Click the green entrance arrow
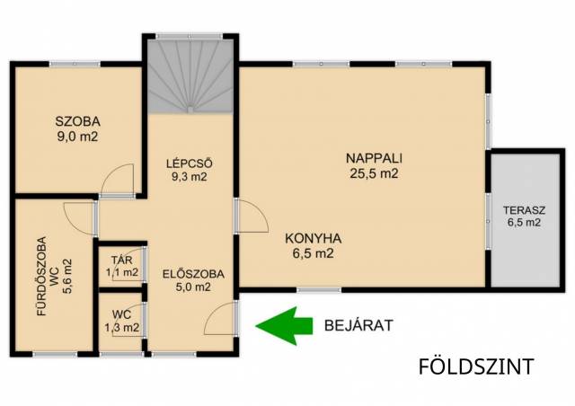pos(284,326)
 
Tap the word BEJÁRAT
pos(358,326)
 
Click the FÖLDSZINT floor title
pos(476,366)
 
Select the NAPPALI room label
pos(374,158)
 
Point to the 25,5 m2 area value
pos(374,173)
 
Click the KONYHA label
pos(314,239)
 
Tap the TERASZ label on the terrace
pos(524,210)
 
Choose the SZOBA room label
pos(78,121)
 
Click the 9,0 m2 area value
pos(77,137)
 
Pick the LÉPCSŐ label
pos(190,163)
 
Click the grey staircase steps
pos(190,76)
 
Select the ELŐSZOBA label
pos(193,274)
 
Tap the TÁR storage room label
pos(122,260)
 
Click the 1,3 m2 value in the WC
pos(122,328)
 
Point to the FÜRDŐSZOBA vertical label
pos(41,276)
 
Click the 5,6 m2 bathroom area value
pos(67,276)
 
